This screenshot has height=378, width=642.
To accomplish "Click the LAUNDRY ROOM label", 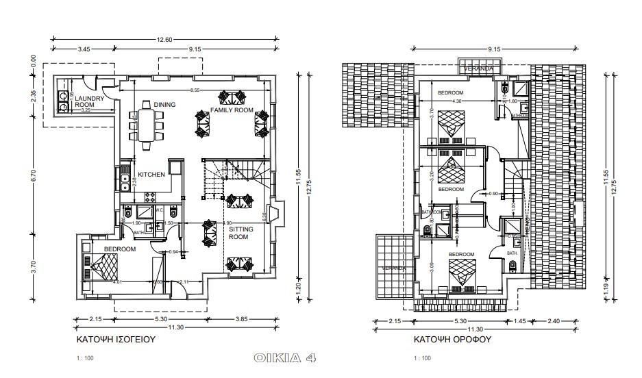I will pyautogui.click(x=89, y=101).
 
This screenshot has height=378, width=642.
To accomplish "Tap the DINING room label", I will pyautogui.click(x=164, y=104).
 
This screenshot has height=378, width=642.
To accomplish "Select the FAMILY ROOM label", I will pyautogui.click(x=232, y=110).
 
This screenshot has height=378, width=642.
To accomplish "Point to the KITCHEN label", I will pyautogui.click(x=151, y=175).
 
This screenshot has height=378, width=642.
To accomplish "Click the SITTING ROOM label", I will pyautogui.click(x=238, y=233).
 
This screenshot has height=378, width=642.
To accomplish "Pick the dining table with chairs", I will pyautogui.click(x=146, y=125).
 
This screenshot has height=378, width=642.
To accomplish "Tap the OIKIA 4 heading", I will pyautogui.click(x=284, y=357).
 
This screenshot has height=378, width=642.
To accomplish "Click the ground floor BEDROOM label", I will pyautogui.click(x=119, y=250).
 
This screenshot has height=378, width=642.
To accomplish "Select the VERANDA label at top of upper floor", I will pyautogui.click(x=478, y=70).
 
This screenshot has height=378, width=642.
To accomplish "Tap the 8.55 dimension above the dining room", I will pyautogui.click(x=195, y=90).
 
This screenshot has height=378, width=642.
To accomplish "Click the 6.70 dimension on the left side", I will pyautogui.click(x=33, y=176).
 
